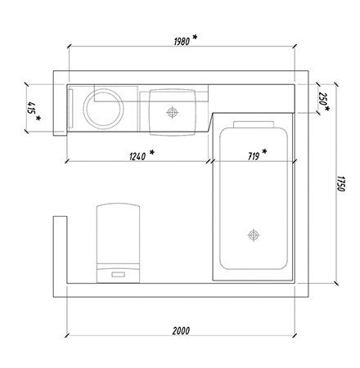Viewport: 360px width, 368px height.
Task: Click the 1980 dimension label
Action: point(182,42)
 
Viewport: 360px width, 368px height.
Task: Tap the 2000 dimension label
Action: point(181,330)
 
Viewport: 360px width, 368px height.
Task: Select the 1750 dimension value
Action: point(341,184)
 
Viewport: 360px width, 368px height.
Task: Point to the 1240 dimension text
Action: point(137,156)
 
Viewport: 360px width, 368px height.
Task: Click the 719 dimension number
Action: point(254,156)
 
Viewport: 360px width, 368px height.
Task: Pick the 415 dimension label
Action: point(31,108)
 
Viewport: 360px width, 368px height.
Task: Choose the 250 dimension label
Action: point(322,99)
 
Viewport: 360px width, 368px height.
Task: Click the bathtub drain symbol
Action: point(254,235)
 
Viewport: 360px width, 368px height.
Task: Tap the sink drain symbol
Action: point(173,112)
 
